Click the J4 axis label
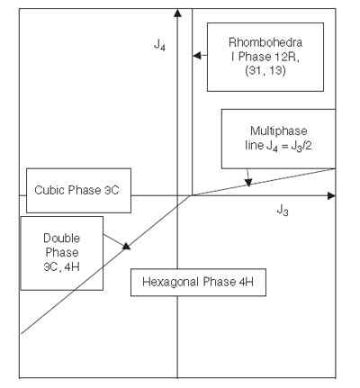click(x=159, y=45)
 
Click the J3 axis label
click(x=283, y=210)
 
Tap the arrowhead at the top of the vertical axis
click(x=178, y=13)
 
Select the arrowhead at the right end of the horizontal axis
click(x=331, y=196)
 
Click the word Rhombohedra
click(x=265, y=42)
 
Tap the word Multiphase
click(x=279, y=131)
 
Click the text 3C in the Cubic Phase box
click(x=112, y=190)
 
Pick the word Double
click(x=62, y=239)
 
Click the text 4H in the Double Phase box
click(x=72, y=266)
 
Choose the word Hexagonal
click(x=171, y=282)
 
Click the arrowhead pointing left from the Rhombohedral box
click(x=197, y=56)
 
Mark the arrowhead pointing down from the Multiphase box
click(x=248, y=183)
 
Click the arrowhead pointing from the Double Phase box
click(x=127, y=246)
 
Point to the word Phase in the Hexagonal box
click(x=220, y=282)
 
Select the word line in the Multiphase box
click(x=254, y=146)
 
